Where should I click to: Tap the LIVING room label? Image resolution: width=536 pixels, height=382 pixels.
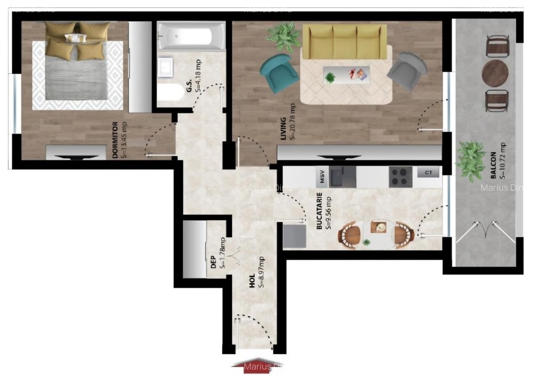click(283, 128)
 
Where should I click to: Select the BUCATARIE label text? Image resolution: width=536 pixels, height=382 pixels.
click(319, 211)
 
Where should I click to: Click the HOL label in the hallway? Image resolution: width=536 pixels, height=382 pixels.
click(252, 280)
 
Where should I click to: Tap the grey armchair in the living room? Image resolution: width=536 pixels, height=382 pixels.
click(407, 71)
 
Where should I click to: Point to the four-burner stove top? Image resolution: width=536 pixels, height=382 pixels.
click(400, 177)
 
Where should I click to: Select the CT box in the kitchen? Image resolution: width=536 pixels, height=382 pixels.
click(428, 172)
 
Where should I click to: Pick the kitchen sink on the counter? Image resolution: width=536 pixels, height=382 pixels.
click(343, 177)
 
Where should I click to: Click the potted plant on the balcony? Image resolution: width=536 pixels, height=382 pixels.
click(471, 160)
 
